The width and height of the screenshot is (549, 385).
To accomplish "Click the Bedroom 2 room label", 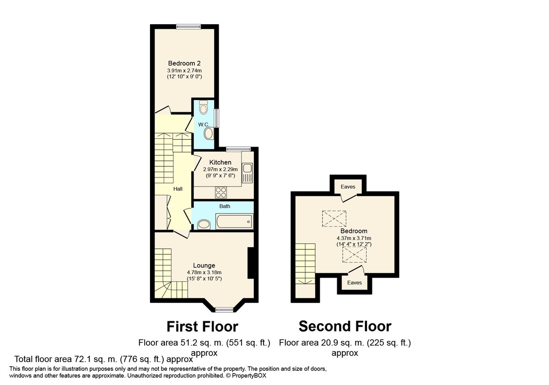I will (x=184, y=63).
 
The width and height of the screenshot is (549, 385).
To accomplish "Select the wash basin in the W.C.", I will (x=208, y=134).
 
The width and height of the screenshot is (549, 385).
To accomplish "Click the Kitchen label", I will (x=220, y=162).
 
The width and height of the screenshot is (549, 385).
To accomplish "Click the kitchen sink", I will (x=247, y=173).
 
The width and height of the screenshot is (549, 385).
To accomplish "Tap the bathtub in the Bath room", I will (x=233, y=223).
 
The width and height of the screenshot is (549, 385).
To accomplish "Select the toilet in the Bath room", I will (x=203, y=224).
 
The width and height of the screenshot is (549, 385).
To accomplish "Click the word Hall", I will (x=178, y=188).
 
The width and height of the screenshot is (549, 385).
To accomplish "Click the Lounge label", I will (x=204, y=265).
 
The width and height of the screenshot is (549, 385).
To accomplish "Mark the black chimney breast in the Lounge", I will (x=251, y=263).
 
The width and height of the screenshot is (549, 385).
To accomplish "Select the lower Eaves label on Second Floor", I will (x=354, y=283).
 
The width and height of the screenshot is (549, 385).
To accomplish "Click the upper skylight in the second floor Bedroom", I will (x=334, y=218).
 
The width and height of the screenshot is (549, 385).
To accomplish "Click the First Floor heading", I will (x=202, y=326).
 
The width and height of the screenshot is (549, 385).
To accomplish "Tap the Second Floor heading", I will (x=345, y=326).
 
